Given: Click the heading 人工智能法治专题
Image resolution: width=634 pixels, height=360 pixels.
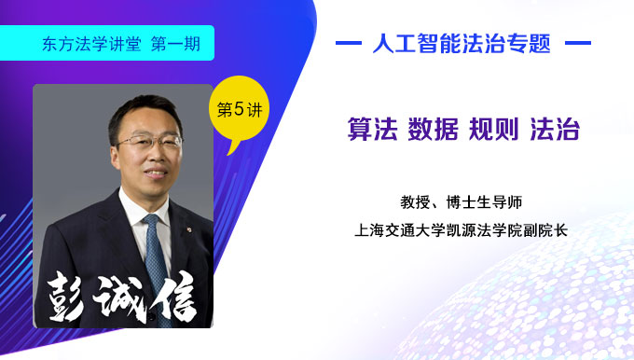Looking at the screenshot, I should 462,43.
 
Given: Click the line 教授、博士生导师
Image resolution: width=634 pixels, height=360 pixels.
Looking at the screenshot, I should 463,201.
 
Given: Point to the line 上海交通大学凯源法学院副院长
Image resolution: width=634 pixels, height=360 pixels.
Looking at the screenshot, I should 462,227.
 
